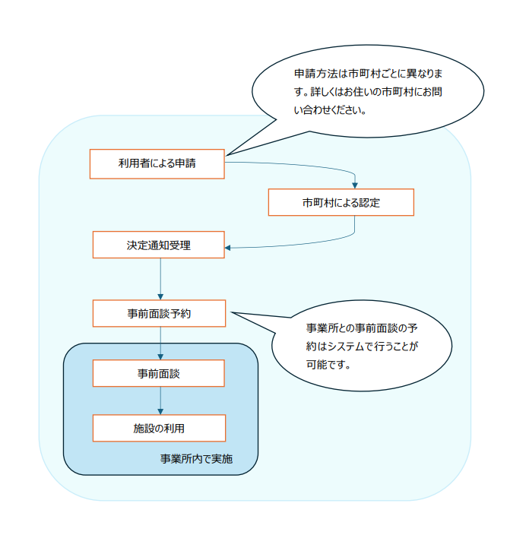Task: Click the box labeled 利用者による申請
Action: pos(157,163)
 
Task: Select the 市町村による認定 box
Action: pos(341,203)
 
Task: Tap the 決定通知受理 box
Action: pos(158,245)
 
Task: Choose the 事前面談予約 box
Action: pos(158,313)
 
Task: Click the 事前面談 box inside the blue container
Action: pos(158,374)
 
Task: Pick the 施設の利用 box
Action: pos(158,428)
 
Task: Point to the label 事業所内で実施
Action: pos(196,459)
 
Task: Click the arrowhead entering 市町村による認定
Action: pos(355,185)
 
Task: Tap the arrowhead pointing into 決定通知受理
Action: pos(229,247)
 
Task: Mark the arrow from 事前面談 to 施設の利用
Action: pos(160,400)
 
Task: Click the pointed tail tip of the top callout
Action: pos(227,155)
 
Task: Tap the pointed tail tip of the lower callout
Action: pos(231,312)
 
